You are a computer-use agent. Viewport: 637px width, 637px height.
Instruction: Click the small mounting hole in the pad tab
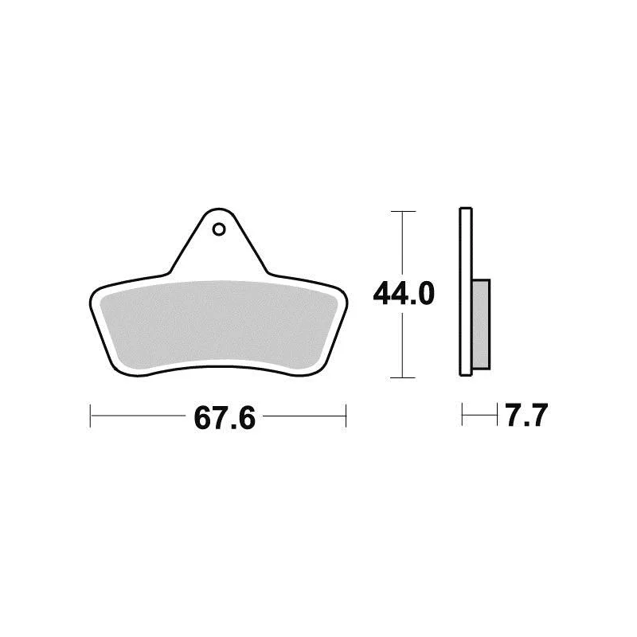click(x=219, y=229)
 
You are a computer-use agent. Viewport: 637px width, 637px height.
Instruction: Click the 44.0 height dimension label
click(x=404, y=293)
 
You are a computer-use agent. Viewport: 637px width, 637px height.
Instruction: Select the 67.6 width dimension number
click(x=225, y=418)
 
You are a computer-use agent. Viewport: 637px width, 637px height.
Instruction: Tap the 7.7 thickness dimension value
click(x=527, y=415)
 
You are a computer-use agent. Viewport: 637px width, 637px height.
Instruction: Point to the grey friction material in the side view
click(x=482, y=324)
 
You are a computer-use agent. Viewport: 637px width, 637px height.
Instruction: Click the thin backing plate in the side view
click(x=466, y=291)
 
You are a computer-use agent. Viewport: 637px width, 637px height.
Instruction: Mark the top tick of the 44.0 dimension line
click(x=403, y=211)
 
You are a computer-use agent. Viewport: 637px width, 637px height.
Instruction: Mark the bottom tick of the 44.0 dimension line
click(x=403, y=377)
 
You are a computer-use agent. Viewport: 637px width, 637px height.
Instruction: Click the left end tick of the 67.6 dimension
click(x=90, y=416)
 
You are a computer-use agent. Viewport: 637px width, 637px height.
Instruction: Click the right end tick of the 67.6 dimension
click(x=346, y=416)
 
